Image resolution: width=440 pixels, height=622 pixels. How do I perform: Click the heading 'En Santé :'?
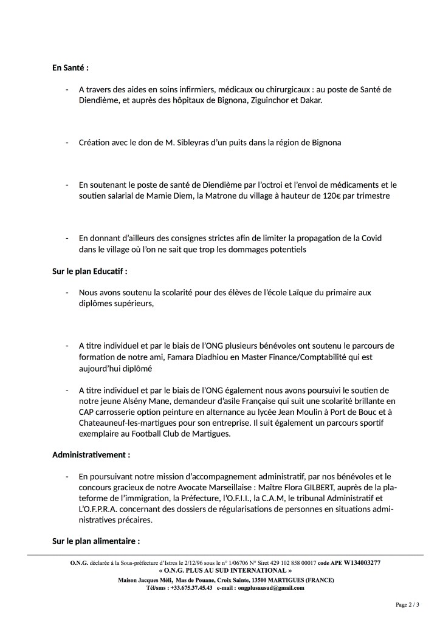coord(70,67)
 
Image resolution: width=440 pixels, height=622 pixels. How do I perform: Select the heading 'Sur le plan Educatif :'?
coord(89,271)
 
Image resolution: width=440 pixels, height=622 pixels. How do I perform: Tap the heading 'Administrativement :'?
coord(91,454)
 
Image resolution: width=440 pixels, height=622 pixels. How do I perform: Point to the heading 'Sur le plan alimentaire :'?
coord(96,541)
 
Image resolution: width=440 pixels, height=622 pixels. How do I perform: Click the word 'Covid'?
coord(369,239)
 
